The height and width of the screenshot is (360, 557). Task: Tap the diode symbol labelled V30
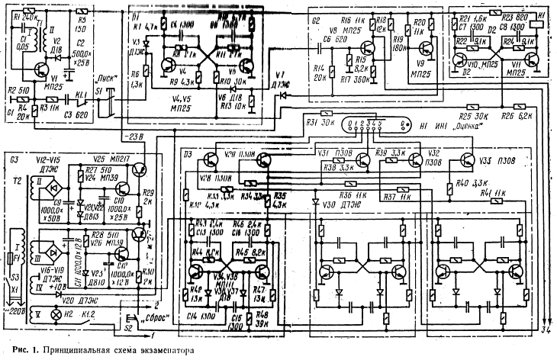tap(316, 203)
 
